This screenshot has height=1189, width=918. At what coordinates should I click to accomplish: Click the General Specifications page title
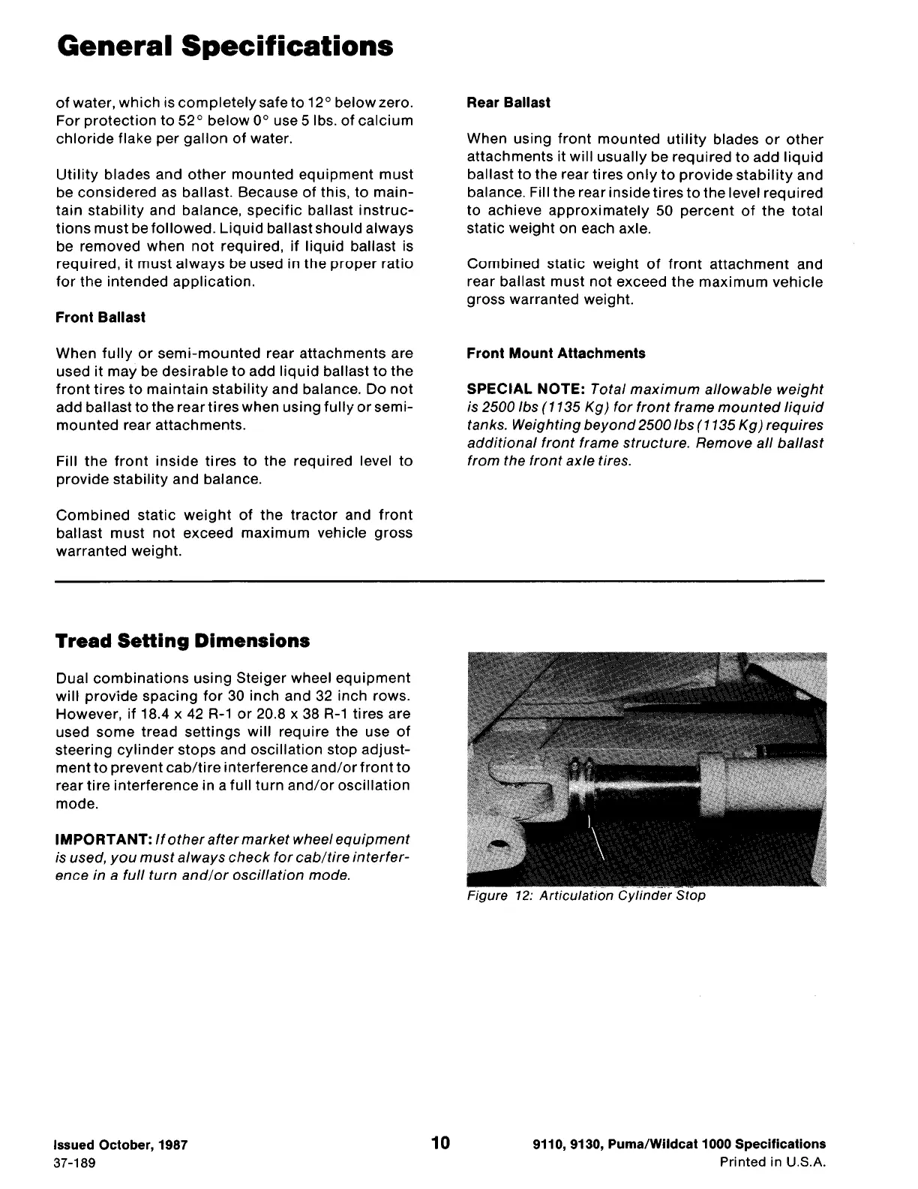point(224,47)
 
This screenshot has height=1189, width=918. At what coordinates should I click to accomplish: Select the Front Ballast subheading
point(100,318)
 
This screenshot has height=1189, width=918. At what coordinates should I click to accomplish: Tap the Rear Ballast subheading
point(508,103)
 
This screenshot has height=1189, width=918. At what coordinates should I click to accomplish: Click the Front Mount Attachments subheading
point(555,354)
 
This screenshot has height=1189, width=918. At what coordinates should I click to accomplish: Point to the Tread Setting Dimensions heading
point(182,641)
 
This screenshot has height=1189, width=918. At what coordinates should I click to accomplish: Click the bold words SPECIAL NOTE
point(525,390)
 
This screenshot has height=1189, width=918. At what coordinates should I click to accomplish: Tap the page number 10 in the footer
point(441,1143)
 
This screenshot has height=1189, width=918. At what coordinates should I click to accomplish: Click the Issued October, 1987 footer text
point(120,1145)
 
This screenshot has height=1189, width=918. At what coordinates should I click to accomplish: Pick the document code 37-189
point(73,1163)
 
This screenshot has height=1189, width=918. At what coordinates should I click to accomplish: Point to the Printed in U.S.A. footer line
point(772,1163)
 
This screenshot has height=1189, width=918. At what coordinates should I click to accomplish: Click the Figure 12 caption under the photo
point(585,896)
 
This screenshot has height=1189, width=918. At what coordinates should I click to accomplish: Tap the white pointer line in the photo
point(597,837)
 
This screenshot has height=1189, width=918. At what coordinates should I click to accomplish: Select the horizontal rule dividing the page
point(439,581)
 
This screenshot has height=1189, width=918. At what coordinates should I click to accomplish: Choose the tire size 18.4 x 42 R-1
point(135,714)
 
